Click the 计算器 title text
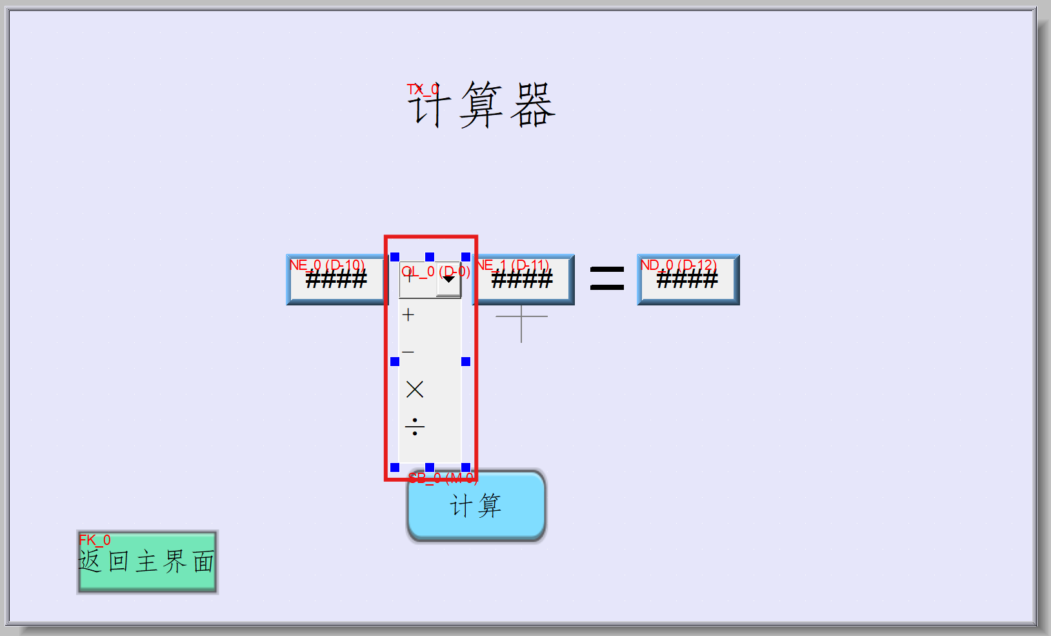tap(481, 105)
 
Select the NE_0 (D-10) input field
tap(335, 280)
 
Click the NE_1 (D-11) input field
tap(523, 280)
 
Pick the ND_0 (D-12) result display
tap(688, 280)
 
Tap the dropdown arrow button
tap(448, 280)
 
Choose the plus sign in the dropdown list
tap(408, 315)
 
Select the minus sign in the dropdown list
tap(408, 353)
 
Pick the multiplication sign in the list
tap(415, 389)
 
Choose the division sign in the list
tap(415, 427)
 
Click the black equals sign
tap(607, 279)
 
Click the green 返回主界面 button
tap(147, 562)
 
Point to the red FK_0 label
tap(94, 540)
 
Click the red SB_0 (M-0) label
tap(443, 478)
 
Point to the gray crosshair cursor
tap(521, 316)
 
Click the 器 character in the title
tap(533, 105)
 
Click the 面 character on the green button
tap(204, 562)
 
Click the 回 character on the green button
tap(119, 562)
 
